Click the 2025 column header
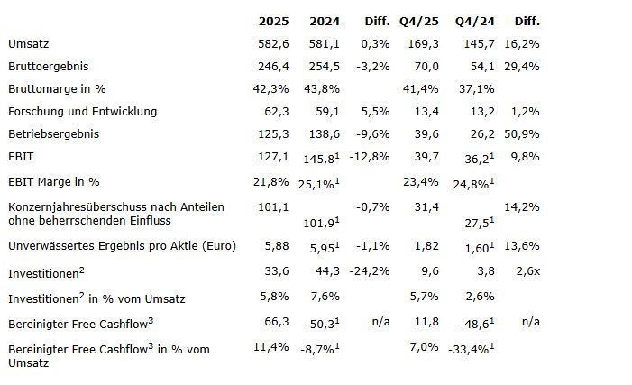point(272,21)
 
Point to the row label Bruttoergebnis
point(48,66)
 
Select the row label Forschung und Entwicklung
point(82,111)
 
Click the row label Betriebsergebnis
point(53,133)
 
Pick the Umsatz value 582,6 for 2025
point(272,43)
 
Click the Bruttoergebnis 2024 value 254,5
point(323,66)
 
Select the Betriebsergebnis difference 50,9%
point(522,133)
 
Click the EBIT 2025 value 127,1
point(272,156)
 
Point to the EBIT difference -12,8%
point(371,156)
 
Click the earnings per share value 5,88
point(274,246)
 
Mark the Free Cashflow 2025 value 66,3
point(275,320)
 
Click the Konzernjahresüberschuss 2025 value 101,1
point(272,207)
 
